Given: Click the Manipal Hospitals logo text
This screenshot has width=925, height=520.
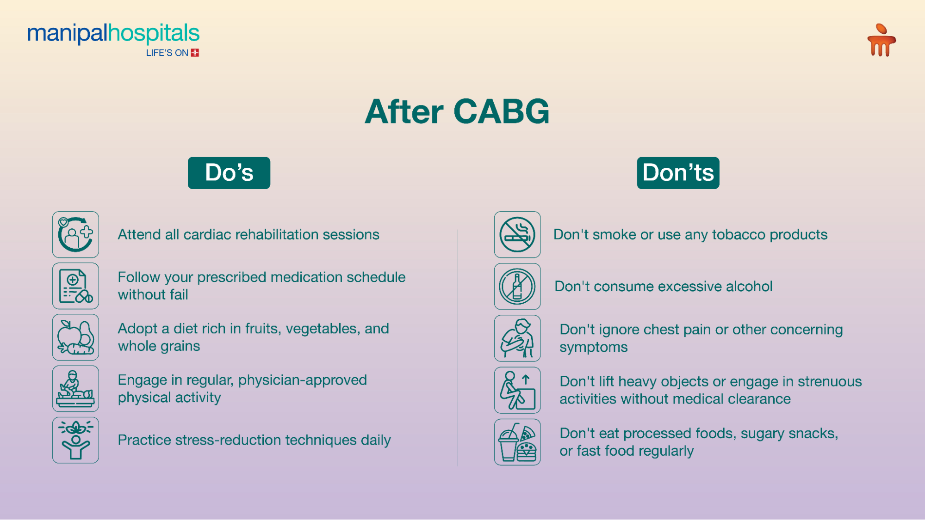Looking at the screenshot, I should click(x=113, y=34).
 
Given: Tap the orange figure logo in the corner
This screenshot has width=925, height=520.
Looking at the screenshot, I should click(x=881, y=41).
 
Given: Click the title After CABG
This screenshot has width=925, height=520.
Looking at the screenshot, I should click(x=457, y=112).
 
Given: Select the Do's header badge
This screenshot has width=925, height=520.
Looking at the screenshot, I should click(x=229, y=173).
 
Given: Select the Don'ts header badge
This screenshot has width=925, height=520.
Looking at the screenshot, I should click(x=678, y=173).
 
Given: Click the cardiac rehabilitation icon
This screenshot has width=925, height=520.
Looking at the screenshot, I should click(x=75, y=234).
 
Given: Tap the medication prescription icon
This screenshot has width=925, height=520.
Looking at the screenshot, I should click(x=75, y=286).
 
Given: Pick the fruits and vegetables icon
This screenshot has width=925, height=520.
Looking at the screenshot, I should click(x=75, y=337).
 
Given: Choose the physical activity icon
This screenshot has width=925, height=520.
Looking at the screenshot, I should click(x=75, y=389).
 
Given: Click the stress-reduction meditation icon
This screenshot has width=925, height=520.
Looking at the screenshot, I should click(x=75, y=440).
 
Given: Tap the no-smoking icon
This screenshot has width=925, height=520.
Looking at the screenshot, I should click(x=517, y=234).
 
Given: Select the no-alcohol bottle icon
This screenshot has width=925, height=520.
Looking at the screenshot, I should click(x=517, y=286).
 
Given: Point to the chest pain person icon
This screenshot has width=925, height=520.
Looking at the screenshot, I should click(x=517, y=338).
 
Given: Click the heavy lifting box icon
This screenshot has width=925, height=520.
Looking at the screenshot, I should click(x=517, y=390).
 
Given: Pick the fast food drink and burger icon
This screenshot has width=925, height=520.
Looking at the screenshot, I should click(x=517, y=442).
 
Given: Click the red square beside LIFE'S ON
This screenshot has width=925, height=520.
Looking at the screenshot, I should click(x=195, y=53).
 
